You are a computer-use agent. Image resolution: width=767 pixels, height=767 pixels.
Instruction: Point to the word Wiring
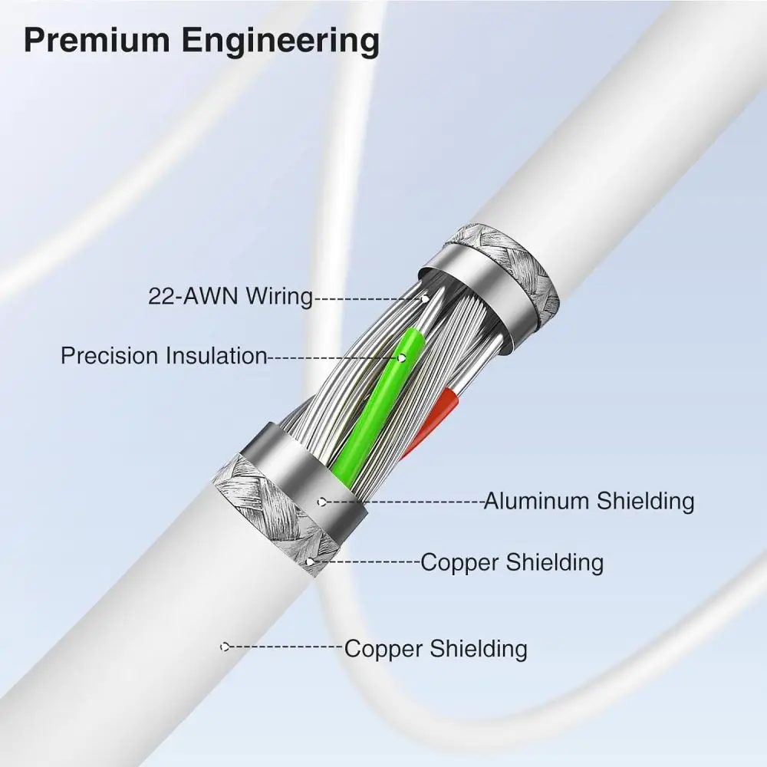pos(278,296)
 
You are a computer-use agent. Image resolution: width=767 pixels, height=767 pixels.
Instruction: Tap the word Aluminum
pos(537,501)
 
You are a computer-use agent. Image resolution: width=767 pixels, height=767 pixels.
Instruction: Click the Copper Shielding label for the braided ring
pos(512,562)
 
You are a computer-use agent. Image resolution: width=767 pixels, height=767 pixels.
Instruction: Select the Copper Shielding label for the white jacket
pos(436,648)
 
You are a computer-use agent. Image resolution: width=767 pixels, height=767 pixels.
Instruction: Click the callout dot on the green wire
pos(401,357)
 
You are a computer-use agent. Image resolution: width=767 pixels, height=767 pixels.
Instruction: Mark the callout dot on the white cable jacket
pos(224,647)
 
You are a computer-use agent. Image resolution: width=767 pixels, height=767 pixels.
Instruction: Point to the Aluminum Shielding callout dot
pos(323,502)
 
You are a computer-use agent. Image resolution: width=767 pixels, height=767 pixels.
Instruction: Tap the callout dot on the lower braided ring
pos(309,562)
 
